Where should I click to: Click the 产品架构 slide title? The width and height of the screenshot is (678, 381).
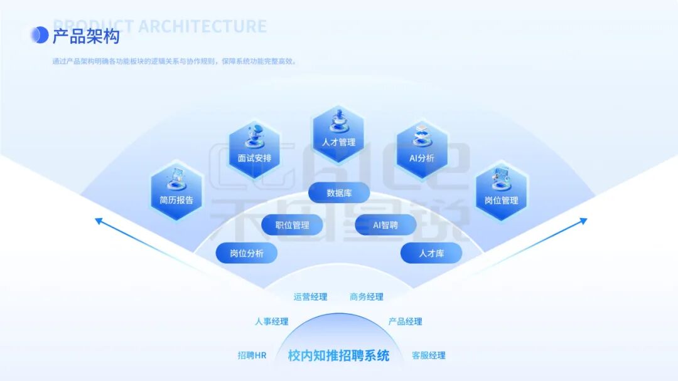[85, 36]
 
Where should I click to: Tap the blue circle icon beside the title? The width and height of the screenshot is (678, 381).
[40, 35]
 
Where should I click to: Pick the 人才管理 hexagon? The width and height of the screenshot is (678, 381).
[338, 132]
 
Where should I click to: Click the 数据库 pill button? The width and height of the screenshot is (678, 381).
[339, 193]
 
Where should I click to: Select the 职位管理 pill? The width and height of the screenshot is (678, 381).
[293, 224]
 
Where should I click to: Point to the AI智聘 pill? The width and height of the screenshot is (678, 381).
[385, 224]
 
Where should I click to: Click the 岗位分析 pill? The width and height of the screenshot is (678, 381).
[246, 253]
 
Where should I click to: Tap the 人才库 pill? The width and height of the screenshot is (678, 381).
[431, 253]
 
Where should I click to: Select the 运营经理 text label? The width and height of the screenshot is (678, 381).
[310, 297]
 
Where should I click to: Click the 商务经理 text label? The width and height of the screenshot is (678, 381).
[367, 297]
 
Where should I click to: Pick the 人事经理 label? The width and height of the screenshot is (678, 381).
[271, 321]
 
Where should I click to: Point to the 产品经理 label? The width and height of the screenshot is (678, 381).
[405, 321]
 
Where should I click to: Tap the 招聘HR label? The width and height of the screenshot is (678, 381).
[252, 355]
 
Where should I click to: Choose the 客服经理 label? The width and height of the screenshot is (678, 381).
[428, 355]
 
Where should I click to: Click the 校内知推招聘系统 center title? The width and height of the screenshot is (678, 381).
[338, 356]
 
